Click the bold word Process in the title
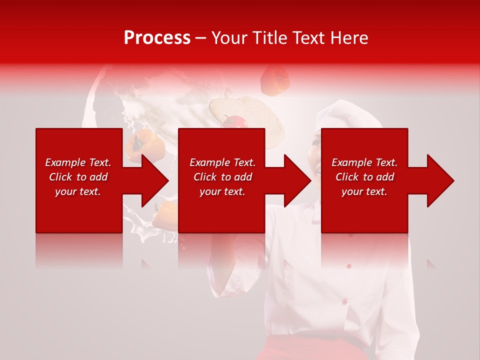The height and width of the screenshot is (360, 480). [x=157, y=38]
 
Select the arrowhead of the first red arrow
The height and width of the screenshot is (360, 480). [x=155, y=180]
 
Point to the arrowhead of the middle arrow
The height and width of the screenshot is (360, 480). [x=298, y=180]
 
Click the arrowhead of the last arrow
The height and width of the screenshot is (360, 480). [x=440, y=180]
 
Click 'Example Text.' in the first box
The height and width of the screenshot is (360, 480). [x=78, y=162]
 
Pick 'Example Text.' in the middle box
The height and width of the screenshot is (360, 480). [x=222, y=162]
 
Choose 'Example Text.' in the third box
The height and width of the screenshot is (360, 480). [x=364, y=162]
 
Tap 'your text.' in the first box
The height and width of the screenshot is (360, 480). [x=78, y=191]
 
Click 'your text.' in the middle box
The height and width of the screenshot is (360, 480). [x=222, y=191]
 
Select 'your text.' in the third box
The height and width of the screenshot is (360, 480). [x=364, y=191]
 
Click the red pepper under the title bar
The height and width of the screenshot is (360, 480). [x=275, y=80]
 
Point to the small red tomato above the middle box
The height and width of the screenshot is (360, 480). [x=235, y=121]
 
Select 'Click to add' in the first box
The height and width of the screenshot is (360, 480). [x=78, y=177]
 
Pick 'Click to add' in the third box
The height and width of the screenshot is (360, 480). [x=364, y=177]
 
